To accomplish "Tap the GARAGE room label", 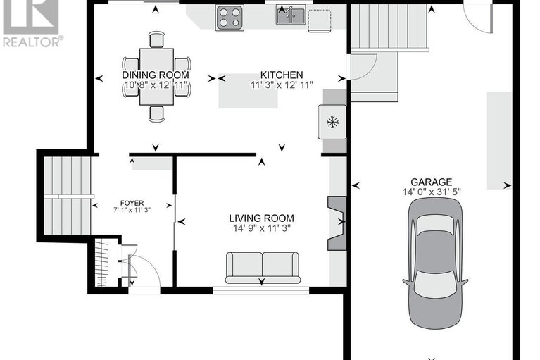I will (x=433, y=182).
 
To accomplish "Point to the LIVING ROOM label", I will (x=261, y=218).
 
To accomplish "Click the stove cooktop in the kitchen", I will (x=229, y=17).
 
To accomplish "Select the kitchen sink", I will (x=290, y=15).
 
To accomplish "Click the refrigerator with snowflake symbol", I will (x=332, y=122).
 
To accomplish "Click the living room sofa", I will (x=262, y=268).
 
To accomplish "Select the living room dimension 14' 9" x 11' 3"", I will (x=261, y=228).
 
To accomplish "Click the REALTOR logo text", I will (x=32, y=42).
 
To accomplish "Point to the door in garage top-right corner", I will (x=479, y=18).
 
